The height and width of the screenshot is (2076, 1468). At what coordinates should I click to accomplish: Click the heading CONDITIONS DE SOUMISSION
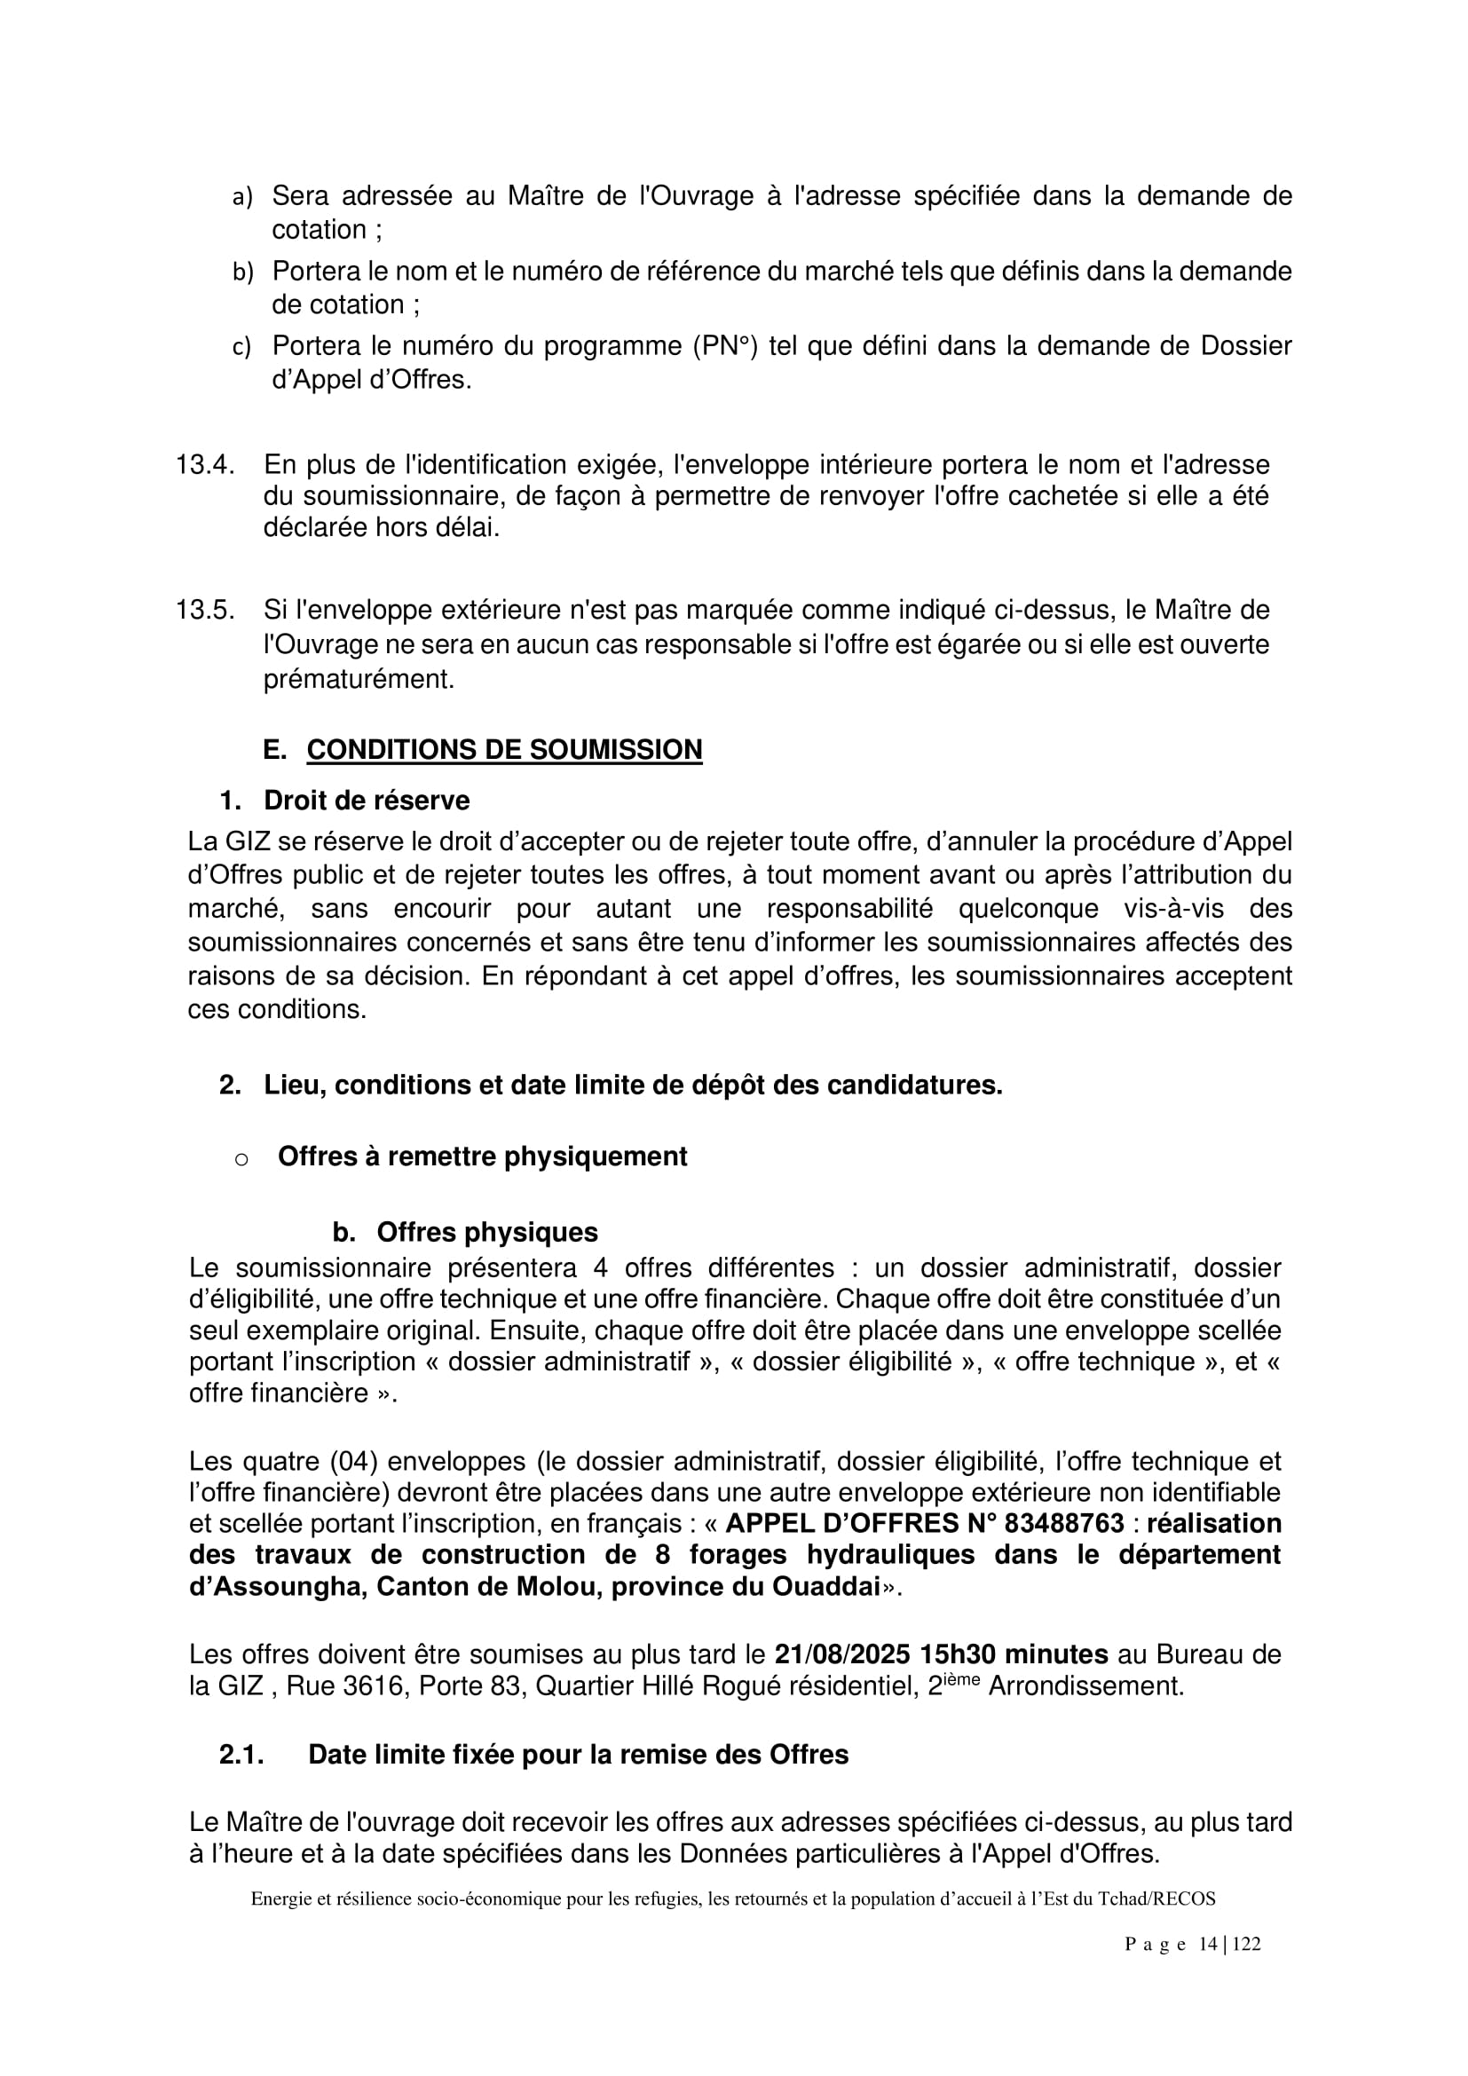[x=504, y=750]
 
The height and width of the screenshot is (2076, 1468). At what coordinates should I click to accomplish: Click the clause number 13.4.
[x=205, y=465]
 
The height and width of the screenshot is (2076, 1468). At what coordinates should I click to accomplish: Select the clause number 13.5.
[x=205, y=611]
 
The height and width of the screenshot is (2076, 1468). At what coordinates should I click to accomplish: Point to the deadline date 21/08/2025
[x=841, y=1654]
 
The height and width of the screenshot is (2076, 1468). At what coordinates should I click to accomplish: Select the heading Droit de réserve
[x=366, y=801]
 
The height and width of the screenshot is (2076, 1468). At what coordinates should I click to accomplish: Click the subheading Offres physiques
[x=487, y=1232]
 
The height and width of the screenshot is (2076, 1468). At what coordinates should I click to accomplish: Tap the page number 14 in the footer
[x=1209, y=1944]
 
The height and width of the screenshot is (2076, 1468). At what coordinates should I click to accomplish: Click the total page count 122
[x=1246, y=1944]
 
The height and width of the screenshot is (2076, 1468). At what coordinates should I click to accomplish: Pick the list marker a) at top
[x=242, y=196]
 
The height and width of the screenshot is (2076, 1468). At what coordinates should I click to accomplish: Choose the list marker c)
[x=241, y=346]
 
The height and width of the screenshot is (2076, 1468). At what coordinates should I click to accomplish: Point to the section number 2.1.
[x=241, y=1754]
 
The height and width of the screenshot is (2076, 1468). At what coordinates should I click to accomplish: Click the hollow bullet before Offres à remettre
[x=241, y=1158]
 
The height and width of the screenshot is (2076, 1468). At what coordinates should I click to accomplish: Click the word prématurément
[x=359, y=678]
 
